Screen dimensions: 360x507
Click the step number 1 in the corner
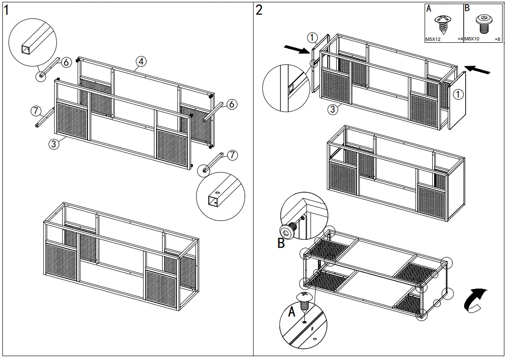6,10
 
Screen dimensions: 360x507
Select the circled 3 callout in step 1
54,144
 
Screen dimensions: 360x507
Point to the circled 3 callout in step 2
332,110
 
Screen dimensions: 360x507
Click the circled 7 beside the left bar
35,111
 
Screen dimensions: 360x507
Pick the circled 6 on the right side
231,104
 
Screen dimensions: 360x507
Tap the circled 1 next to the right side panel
459,94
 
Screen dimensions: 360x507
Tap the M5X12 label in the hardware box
433,39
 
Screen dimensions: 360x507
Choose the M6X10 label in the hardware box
472,39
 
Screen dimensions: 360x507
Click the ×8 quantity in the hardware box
497,39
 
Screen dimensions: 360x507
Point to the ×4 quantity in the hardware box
460,39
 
